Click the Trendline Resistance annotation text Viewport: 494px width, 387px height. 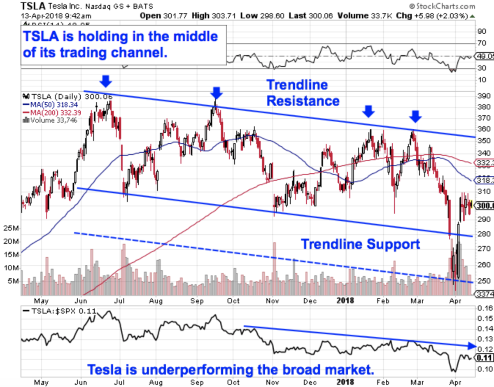(x=303, y=93)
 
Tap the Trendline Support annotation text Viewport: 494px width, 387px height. (x=360, y=244)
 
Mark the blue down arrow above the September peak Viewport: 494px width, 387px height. (x=217, y=93)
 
